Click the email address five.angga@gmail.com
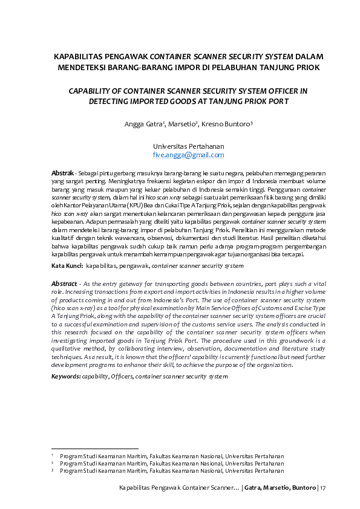[189, 155]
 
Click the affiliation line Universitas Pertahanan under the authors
[189, 146]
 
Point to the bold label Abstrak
[63, 173]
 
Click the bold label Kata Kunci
[67, 266]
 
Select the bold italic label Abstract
[64, 284]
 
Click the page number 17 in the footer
[323, 488]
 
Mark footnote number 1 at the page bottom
[53, 455]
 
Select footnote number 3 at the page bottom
[53, 470]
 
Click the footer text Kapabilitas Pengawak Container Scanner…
[179, 488]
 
